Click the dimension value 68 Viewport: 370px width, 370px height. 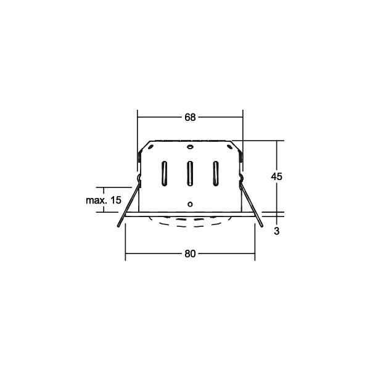coord(190,117)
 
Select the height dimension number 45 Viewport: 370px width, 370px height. coord(277,176)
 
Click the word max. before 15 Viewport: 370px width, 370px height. coord(96,200)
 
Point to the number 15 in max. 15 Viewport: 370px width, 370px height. coord(116,200)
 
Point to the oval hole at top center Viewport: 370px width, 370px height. coord(191,149)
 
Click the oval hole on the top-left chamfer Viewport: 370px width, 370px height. coord(149,148)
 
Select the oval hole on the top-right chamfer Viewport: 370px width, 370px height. coord(232,148)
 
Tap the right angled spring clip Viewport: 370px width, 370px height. coord(256,213)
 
